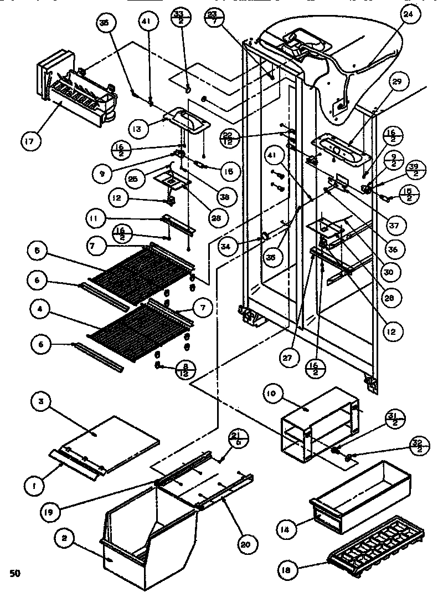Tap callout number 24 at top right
pyautogui.click(x=408, y=16)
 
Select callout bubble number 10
pyautogui.click(x=272, y=394)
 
